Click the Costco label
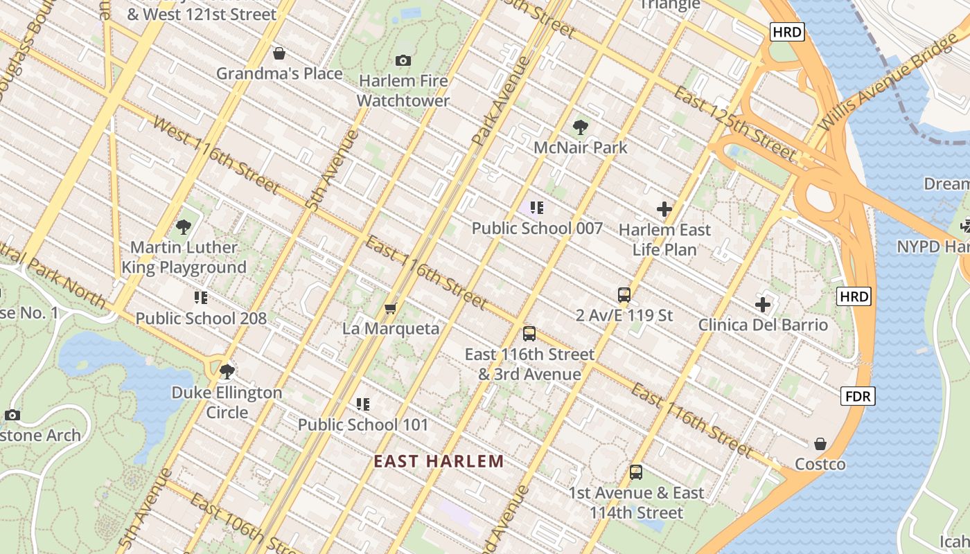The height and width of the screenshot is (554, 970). tap(820, 464)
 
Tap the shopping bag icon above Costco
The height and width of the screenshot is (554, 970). tap(820, 444)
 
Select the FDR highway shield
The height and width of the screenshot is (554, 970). tap(858, 396)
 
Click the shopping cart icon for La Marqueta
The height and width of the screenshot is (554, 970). tap(390, 308)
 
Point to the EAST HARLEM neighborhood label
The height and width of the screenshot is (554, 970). tap(439, 461)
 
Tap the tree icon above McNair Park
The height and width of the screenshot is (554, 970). tap(581, 127)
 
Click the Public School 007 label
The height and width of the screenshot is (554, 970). tap(537, 229)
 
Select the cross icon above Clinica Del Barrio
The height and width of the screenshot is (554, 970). tap(763, 305)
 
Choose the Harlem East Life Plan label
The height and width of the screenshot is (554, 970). tap(664, 239)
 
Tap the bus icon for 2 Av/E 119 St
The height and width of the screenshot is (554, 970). tap(624, 295)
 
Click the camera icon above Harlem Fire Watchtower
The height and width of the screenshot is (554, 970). tap(403, 61)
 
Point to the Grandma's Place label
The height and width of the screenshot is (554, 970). tap(279, 73)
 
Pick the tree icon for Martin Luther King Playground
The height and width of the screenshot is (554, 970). tap(184, 226)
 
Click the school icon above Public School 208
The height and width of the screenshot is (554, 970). tap(201, 298)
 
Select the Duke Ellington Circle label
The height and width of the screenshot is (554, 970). tap(227, 402)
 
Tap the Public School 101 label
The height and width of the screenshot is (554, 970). tap(363, 425)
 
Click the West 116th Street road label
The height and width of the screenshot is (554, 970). tap(216, 156)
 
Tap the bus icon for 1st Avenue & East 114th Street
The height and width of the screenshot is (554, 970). tap(636, 473)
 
